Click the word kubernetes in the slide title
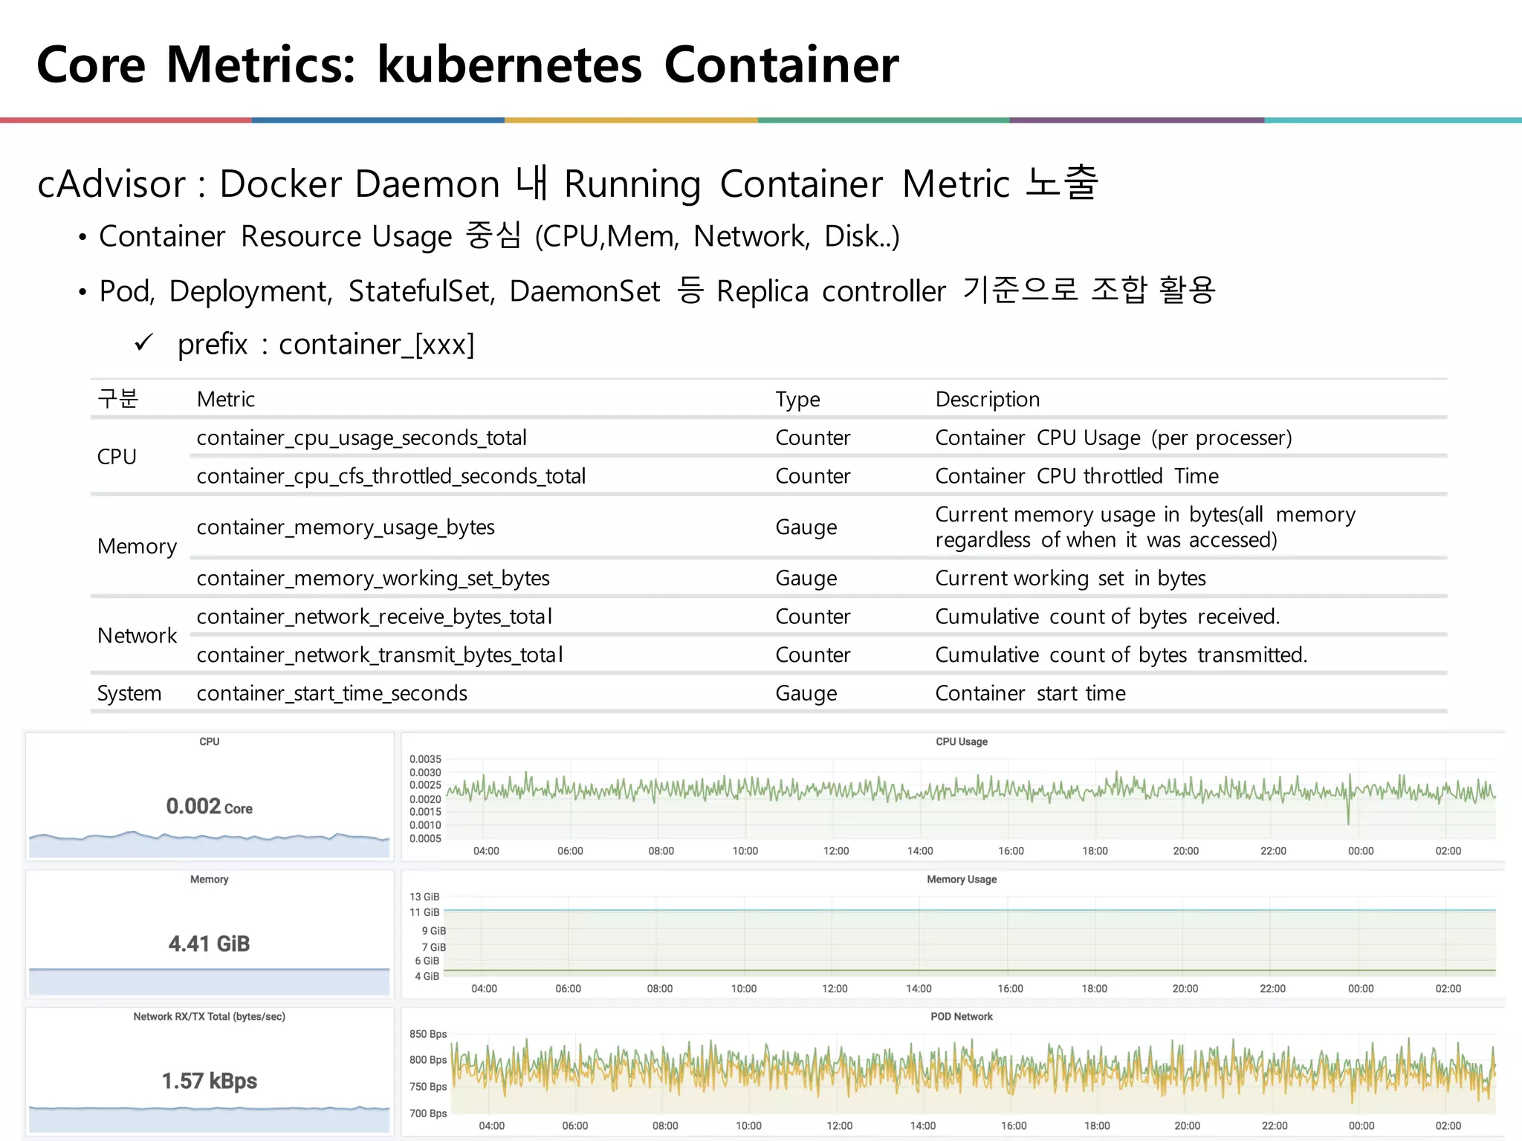[x=509, y=65]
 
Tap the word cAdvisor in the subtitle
[x=111, y=183]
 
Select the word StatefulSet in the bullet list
[x=421, y=290]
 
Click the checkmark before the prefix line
[x=143, y=342]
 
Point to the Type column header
[x=797, y=399]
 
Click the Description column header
[x=987, y=399]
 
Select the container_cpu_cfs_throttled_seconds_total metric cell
[x=391, y=475]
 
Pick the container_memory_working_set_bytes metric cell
[x=373, y=578]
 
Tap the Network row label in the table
[x=137, y=635]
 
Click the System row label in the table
[x=129, y=693]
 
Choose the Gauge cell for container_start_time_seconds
[x=806, y=693]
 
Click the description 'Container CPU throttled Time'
[x=1076, y=475]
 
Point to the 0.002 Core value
[x=209, y=806]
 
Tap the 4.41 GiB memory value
[x=209, y=943]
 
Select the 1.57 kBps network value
[x=209, y=1081]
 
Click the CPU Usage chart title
[x=961, y=741]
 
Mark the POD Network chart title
[x=961, y=1016]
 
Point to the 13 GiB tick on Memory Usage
[x=424, y=897]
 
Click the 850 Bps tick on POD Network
[x=428, y=1034]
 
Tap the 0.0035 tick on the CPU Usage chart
[x=425, y=759]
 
